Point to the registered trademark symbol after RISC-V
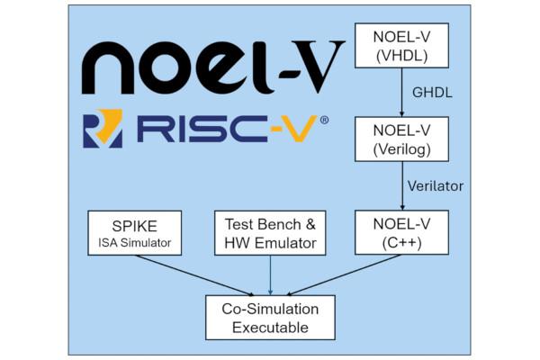(324, 120)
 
